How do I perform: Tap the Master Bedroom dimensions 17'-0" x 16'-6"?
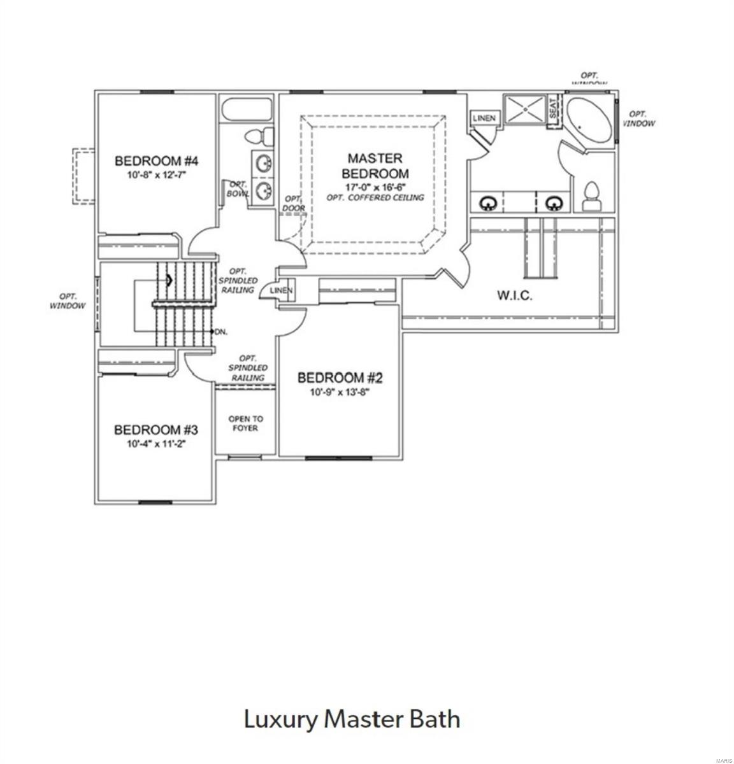coord(375,187)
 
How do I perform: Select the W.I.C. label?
coord(514,295)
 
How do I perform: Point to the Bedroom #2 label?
coord(340,378)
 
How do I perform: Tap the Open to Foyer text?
coord(245,423)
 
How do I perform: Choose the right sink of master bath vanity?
coord(552,203)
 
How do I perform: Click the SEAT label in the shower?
coord(553,109)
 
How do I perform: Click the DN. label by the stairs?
coord(221,332)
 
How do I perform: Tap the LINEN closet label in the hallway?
coord(280,291)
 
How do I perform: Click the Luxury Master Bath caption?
coord(352,719)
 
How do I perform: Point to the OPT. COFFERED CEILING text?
coord(375,197)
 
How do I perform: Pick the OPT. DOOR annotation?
coord(294,204)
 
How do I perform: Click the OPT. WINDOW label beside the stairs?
coord(68,301)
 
